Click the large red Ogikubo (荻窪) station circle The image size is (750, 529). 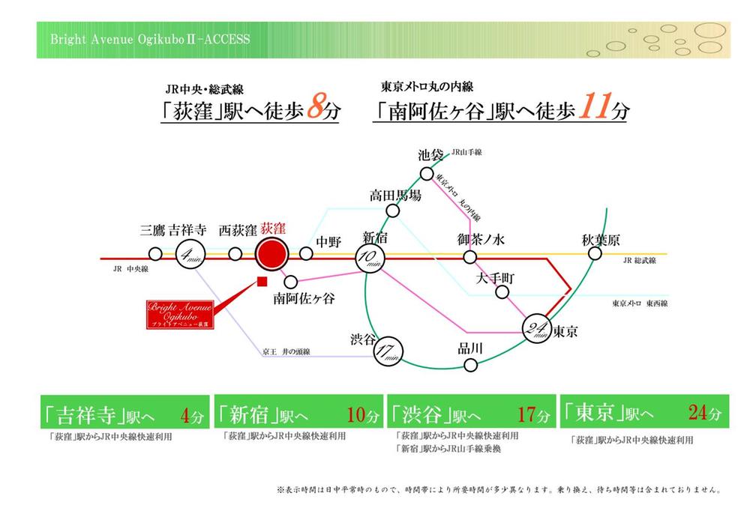(271, 254)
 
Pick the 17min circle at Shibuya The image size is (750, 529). (388, 349)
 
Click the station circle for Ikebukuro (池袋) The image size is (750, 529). (427, 174)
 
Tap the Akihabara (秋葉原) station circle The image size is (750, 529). (595, 254)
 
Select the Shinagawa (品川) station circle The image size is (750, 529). (470, 365)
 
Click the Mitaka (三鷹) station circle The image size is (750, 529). (156, 253)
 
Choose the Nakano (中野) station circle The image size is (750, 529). (306, 253)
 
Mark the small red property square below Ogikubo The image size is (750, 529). (262, 282)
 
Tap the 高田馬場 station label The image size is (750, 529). (395, 196)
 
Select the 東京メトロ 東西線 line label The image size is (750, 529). (639, 303)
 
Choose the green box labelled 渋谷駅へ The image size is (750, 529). (470, 412)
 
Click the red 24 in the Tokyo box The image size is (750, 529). (698, 411)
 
